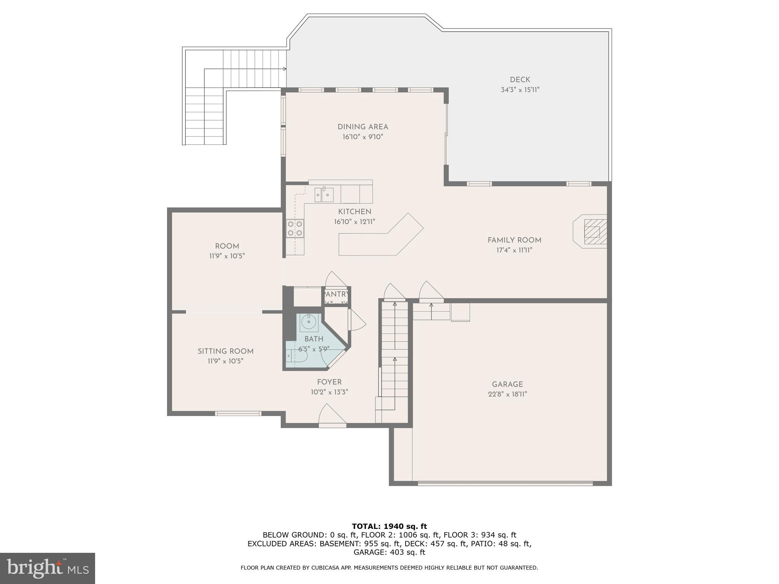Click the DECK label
520,80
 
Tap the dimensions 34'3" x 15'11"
520,90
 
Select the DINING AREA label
362,127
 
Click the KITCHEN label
355,212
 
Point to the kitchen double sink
324,195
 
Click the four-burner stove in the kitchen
295,228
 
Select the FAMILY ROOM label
514,240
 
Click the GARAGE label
507,384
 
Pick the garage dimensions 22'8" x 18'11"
507,394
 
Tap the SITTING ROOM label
225,351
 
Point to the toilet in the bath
299,356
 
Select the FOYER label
329,382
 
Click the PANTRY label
336,294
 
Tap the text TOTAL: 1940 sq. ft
389,527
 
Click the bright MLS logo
48,568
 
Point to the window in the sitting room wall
238,413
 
